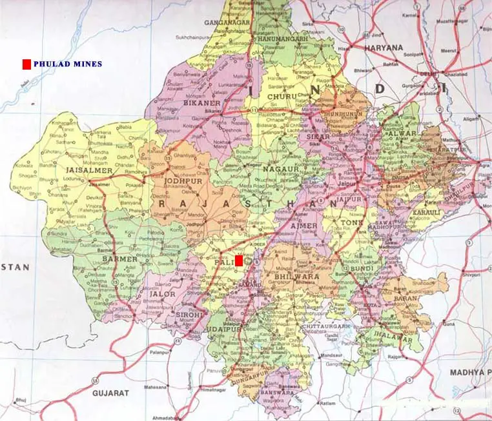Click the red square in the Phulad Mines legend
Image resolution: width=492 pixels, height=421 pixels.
click(x=26, y=64)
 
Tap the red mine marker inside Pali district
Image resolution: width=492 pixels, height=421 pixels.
click(x=239, y=260)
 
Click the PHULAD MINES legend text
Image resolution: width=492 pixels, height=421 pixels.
click(x=67, y=64)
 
